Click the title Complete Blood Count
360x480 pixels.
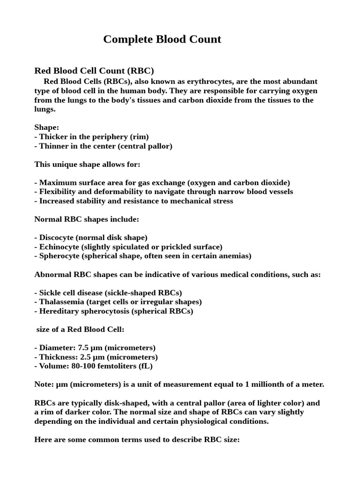[162, 39]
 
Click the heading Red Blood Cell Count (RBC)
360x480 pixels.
[94, 71]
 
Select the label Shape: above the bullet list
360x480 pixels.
[47, 127]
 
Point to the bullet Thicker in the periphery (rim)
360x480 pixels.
[92, 137]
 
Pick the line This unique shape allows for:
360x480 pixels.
[87, 164]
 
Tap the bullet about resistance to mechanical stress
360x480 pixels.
[134, 201]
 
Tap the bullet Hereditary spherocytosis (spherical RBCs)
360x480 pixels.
[114, 311]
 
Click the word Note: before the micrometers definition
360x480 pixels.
[44, 384]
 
